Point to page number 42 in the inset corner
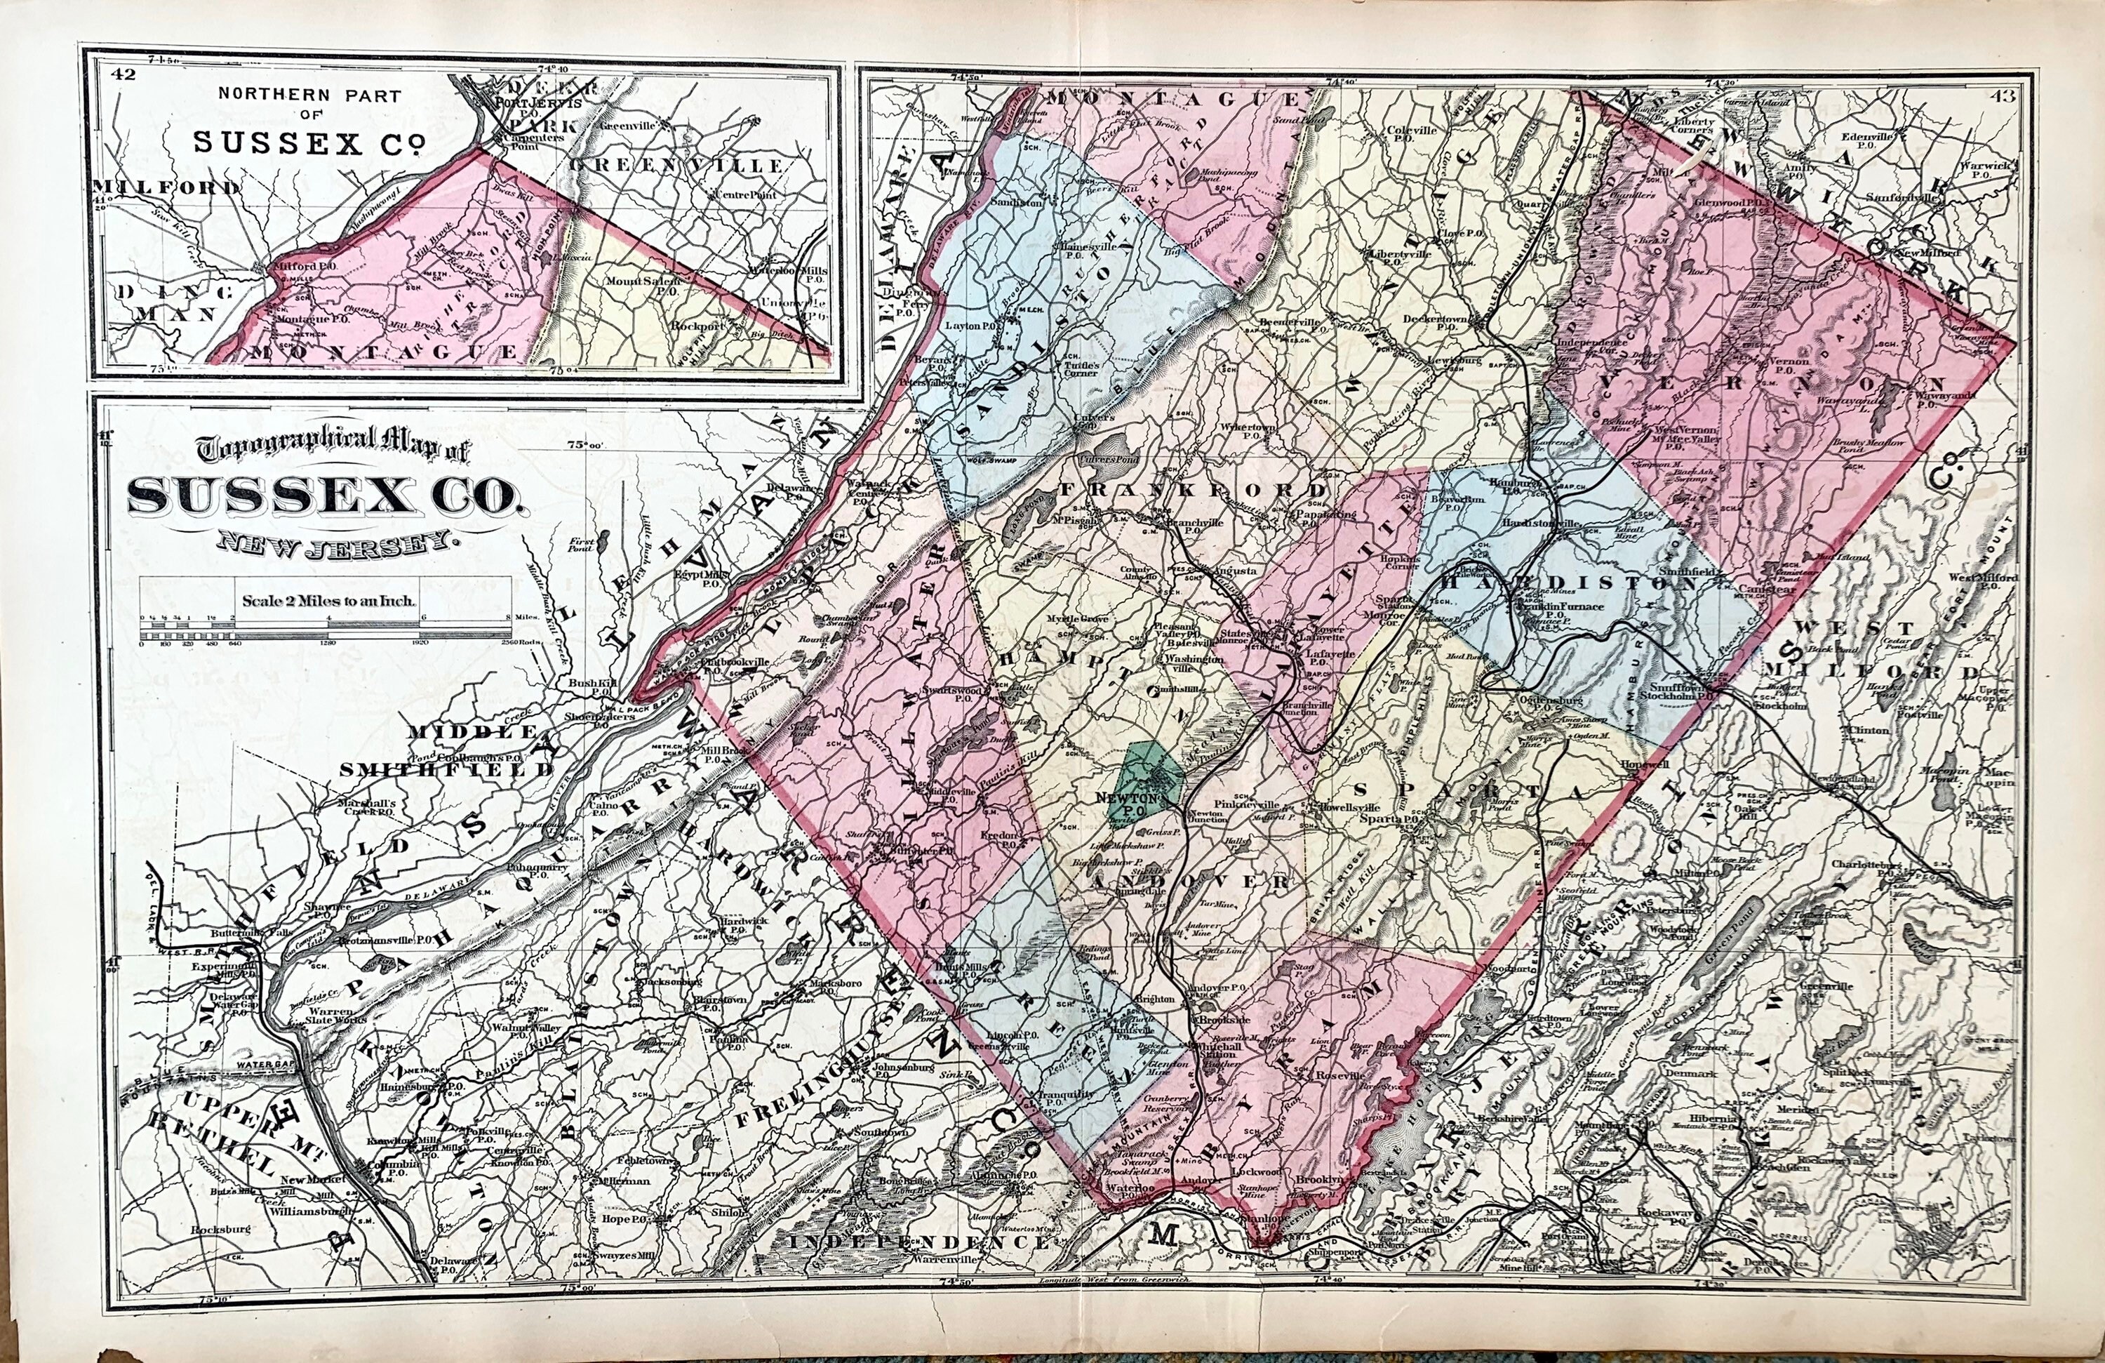[x=123, y=74]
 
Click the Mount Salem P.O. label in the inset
[x=642, y=284]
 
